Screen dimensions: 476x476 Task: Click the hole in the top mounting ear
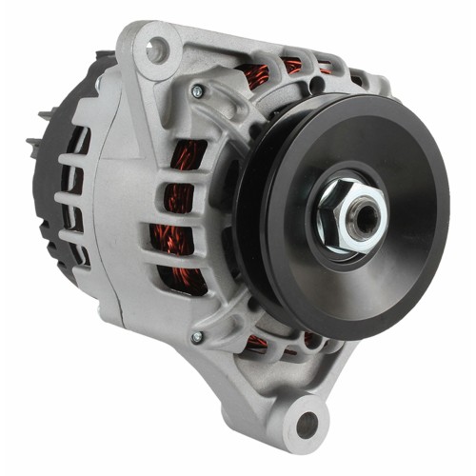coord(155,50)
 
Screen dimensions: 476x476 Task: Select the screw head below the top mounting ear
coord(197,91)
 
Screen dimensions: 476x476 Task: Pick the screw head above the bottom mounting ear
coord(197,337)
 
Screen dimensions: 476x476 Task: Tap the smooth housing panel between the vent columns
coord(143,219)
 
